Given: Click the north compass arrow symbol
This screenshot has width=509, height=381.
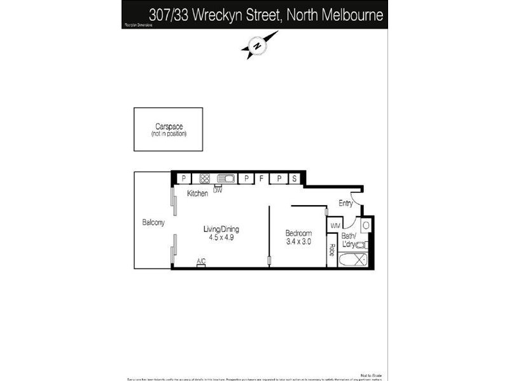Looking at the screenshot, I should click(256, 46).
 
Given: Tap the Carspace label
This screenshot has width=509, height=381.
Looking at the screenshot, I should click(169, 127).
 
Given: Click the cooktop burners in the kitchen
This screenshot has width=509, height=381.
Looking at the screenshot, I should click(205, 178).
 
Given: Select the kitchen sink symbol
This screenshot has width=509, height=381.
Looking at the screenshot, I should click(226, 178).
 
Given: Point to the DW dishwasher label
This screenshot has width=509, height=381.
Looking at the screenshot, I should click(218, 190).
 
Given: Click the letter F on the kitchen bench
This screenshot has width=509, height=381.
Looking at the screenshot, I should click(261, 179).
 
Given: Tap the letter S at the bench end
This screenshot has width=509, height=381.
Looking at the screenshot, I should click(295, 179).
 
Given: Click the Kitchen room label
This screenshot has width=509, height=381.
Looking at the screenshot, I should click(197, 193).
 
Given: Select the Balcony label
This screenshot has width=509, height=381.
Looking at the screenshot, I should click(153, 222).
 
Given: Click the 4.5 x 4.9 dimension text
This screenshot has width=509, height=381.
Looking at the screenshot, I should click(221, 238).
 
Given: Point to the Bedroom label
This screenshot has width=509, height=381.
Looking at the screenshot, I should click(298, 233).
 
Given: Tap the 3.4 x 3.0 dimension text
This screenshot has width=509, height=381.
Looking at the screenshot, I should click(298, 242).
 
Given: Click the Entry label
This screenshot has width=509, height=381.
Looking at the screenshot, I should click(345, 203).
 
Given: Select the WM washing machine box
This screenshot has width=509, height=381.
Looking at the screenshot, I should click(335, 225).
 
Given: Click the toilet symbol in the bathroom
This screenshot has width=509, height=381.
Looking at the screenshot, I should click(361, 244).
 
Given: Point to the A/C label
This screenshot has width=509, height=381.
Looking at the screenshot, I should click(201, 262).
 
